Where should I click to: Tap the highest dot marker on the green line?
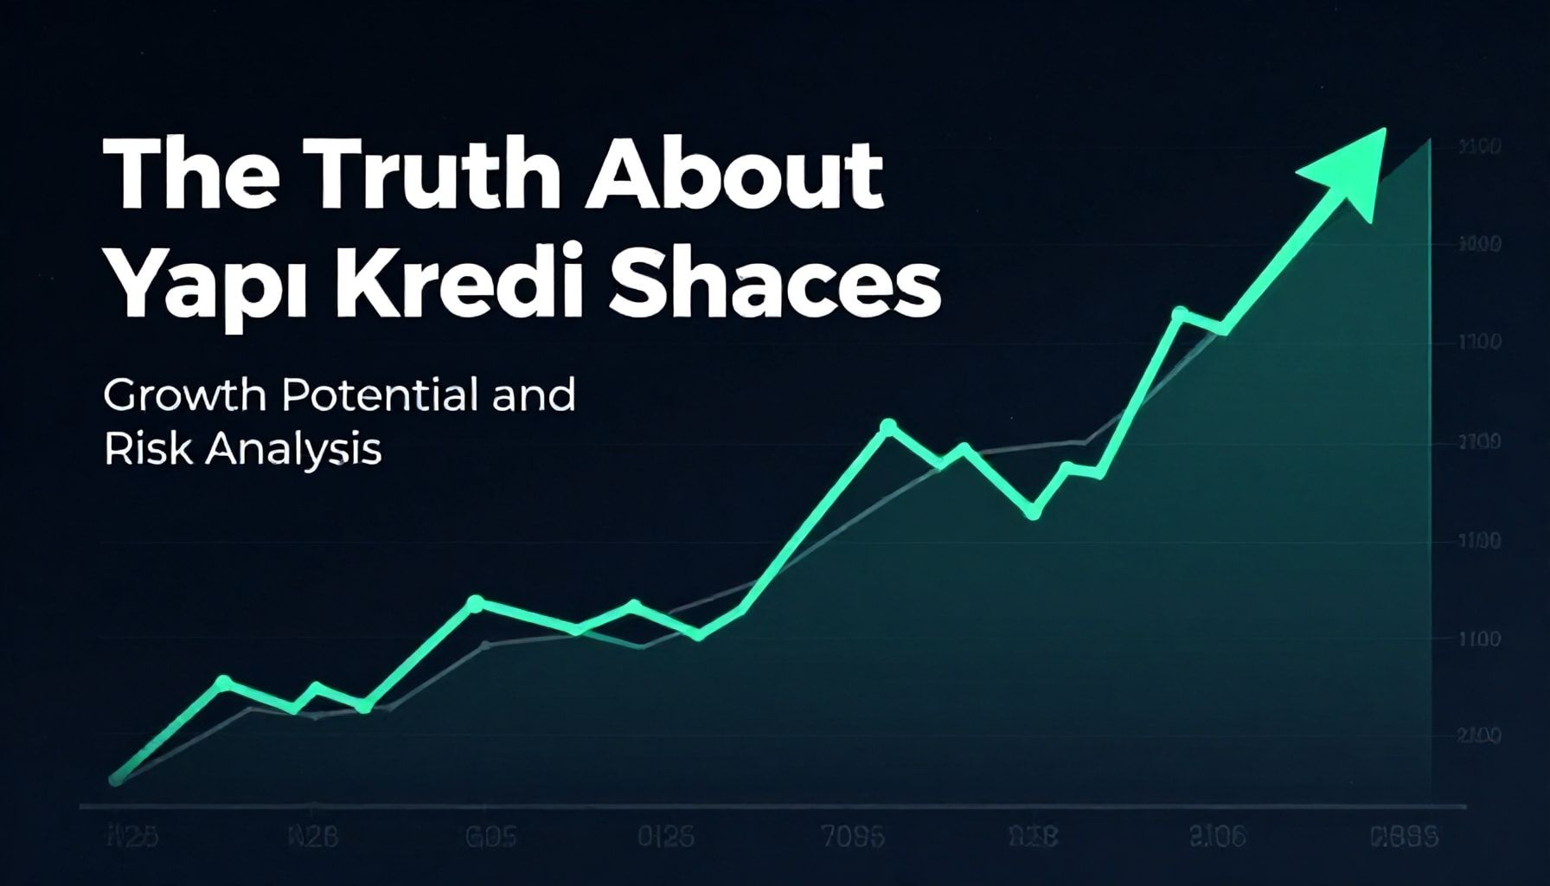click(x=1178, y=313)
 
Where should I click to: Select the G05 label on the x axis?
click(x=491, y=838)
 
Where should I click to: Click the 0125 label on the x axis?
click(x=665, y=838)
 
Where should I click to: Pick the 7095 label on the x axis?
click(x=852, y=838)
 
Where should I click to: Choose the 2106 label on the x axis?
click(x=1217, y=837)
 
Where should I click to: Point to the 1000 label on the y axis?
click(x=1479, y=245)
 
